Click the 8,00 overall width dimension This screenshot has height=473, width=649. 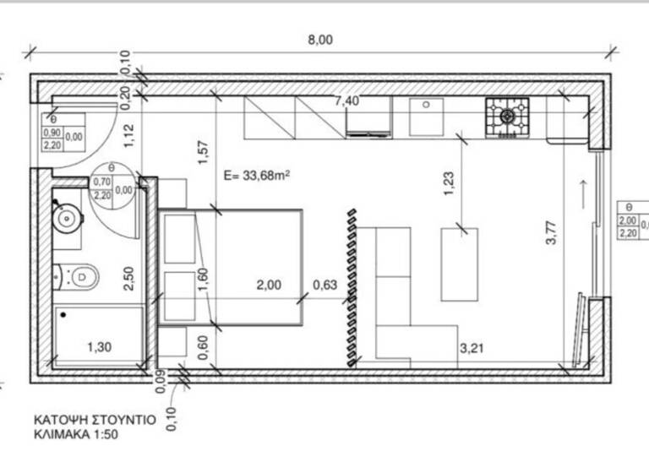(319, 39)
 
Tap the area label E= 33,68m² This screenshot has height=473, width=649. (257, 176)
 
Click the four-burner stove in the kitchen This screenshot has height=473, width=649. (507, 117)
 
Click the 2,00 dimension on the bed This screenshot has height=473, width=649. (269, 285)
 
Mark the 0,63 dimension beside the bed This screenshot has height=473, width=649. (324, 285)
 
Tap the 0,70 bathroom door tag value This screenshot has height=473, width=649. (102, 182)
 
